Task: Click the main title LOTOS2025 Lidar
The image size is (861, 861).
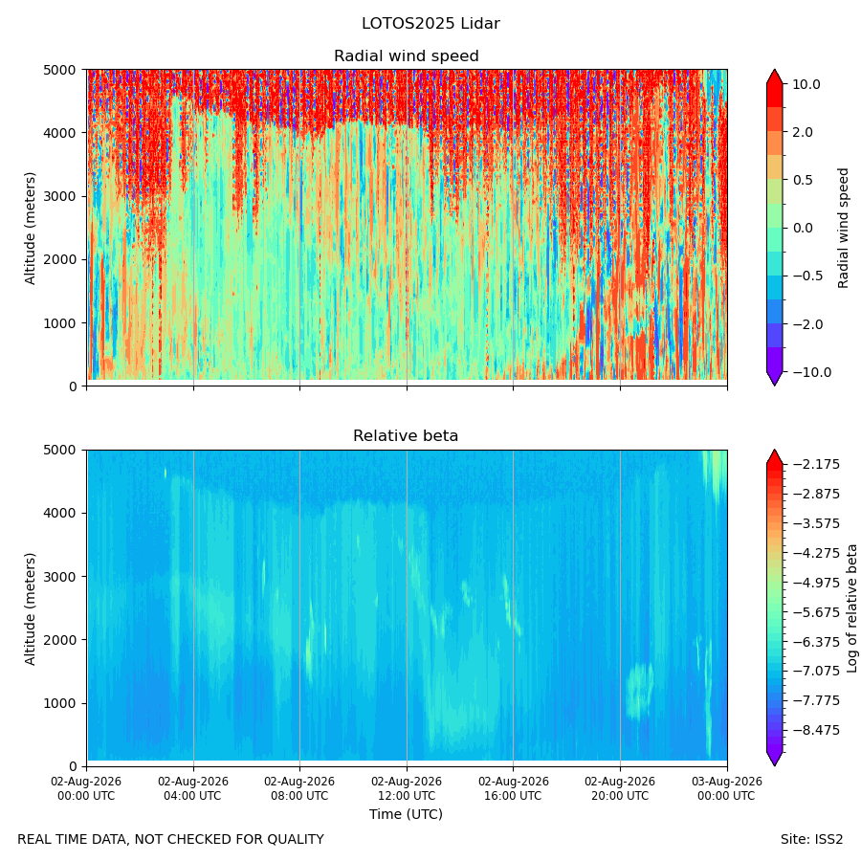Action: pyautogui.click(x=430, y=24)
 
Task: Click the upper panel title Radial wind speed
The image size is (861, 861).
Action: pyautogui.click(x=407, y=56)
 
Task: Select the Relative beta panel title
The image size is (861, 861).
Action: pyautogui.click(x=406, y=436)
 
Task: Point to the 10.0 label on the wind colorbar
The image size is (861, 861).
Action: pyautogui.click(x=806, y=84)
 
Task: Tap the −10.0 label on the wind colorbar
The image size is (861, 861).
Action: pyautogui.click(x=811, y=372)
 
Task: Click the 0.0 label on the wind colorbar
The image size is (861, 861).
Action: pyautogui.click(x=803, y=228)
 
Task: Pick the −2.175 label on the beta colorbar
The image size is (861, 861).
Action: pyautogui.click(x=816, y=465)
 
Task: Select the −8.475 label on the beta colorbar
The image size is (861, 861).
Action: pyautogui.click(x=816, y=730)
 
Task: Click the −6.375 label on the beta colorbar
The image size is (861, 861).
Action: pyautogui.click(x=816, y=641)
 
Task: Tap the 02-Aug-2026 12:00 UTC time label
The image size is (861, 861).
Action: pyautogui.click(x=407, y=788)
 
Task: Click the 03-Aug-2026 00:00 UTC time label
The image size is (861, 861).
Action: pyautogui.click(x=727, y=788)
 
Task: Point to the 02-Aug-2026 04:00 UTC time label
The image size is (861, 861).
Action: pyautogui.click(x=192, y=788)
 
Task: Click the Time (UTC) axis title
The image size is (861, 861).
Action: pyautogui.click(x=406, y=814)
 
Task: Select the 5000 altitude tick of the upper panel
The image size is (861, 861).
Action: pyautogui.click(x=59, y=70)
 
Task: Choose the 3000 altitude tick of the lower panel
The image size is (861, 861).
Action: pyautogui.click(x=59, y=577)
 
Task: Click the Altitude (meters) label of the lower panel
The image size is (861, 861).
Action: pyautogui.click(x=30, y=609)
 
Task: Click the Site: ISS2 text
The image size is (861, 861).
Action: pyautogui.click(x=811, y=840)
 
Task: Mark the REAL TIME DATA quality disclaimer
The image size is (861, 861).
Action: pyautogui.click(x=171, y=840)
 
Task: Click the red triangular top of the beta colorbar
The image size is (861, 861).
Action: pyautogui.click(x=774, y=457)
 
